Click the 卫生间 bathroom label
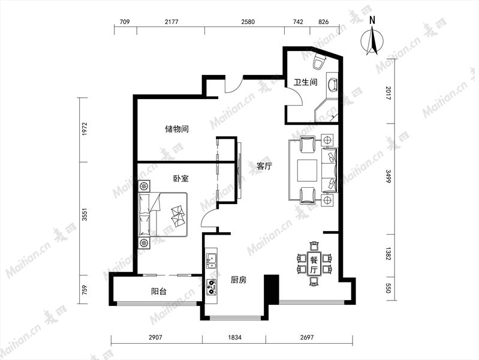(x=305, y=82)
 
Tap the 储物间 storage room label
(x=177, y=129)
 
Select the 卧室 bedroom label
(x=181, y=178)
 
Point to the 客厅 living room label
(x=264, y=166)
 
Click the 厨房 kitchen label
(x=239, y=280)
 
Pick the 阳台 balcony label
(x=159, y=291)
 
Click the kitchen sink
(x=211, y=261)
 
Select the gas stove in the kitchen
(x=211, y=287)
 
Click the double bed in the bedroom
(x=162, y=214)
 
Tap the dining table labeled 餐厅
(x=314, y=264)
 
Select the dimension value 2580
(x=248, y=22)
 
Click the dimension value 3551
(x=85, y=214)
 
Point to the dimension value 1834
(x=234, y=337)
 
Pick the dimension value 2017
(x=388, y=93)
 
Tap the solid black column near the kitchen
(x=271, y=289)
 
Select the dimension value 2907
(x=155, y=337)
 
